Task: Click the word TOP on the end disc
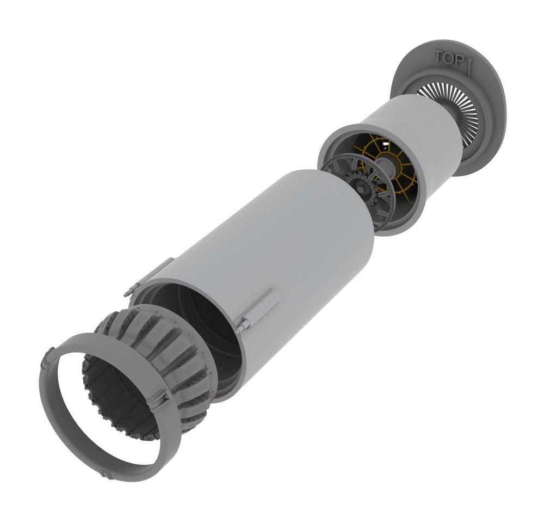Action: [449, 58]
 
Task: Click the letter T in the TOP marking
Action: [439, 56]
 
